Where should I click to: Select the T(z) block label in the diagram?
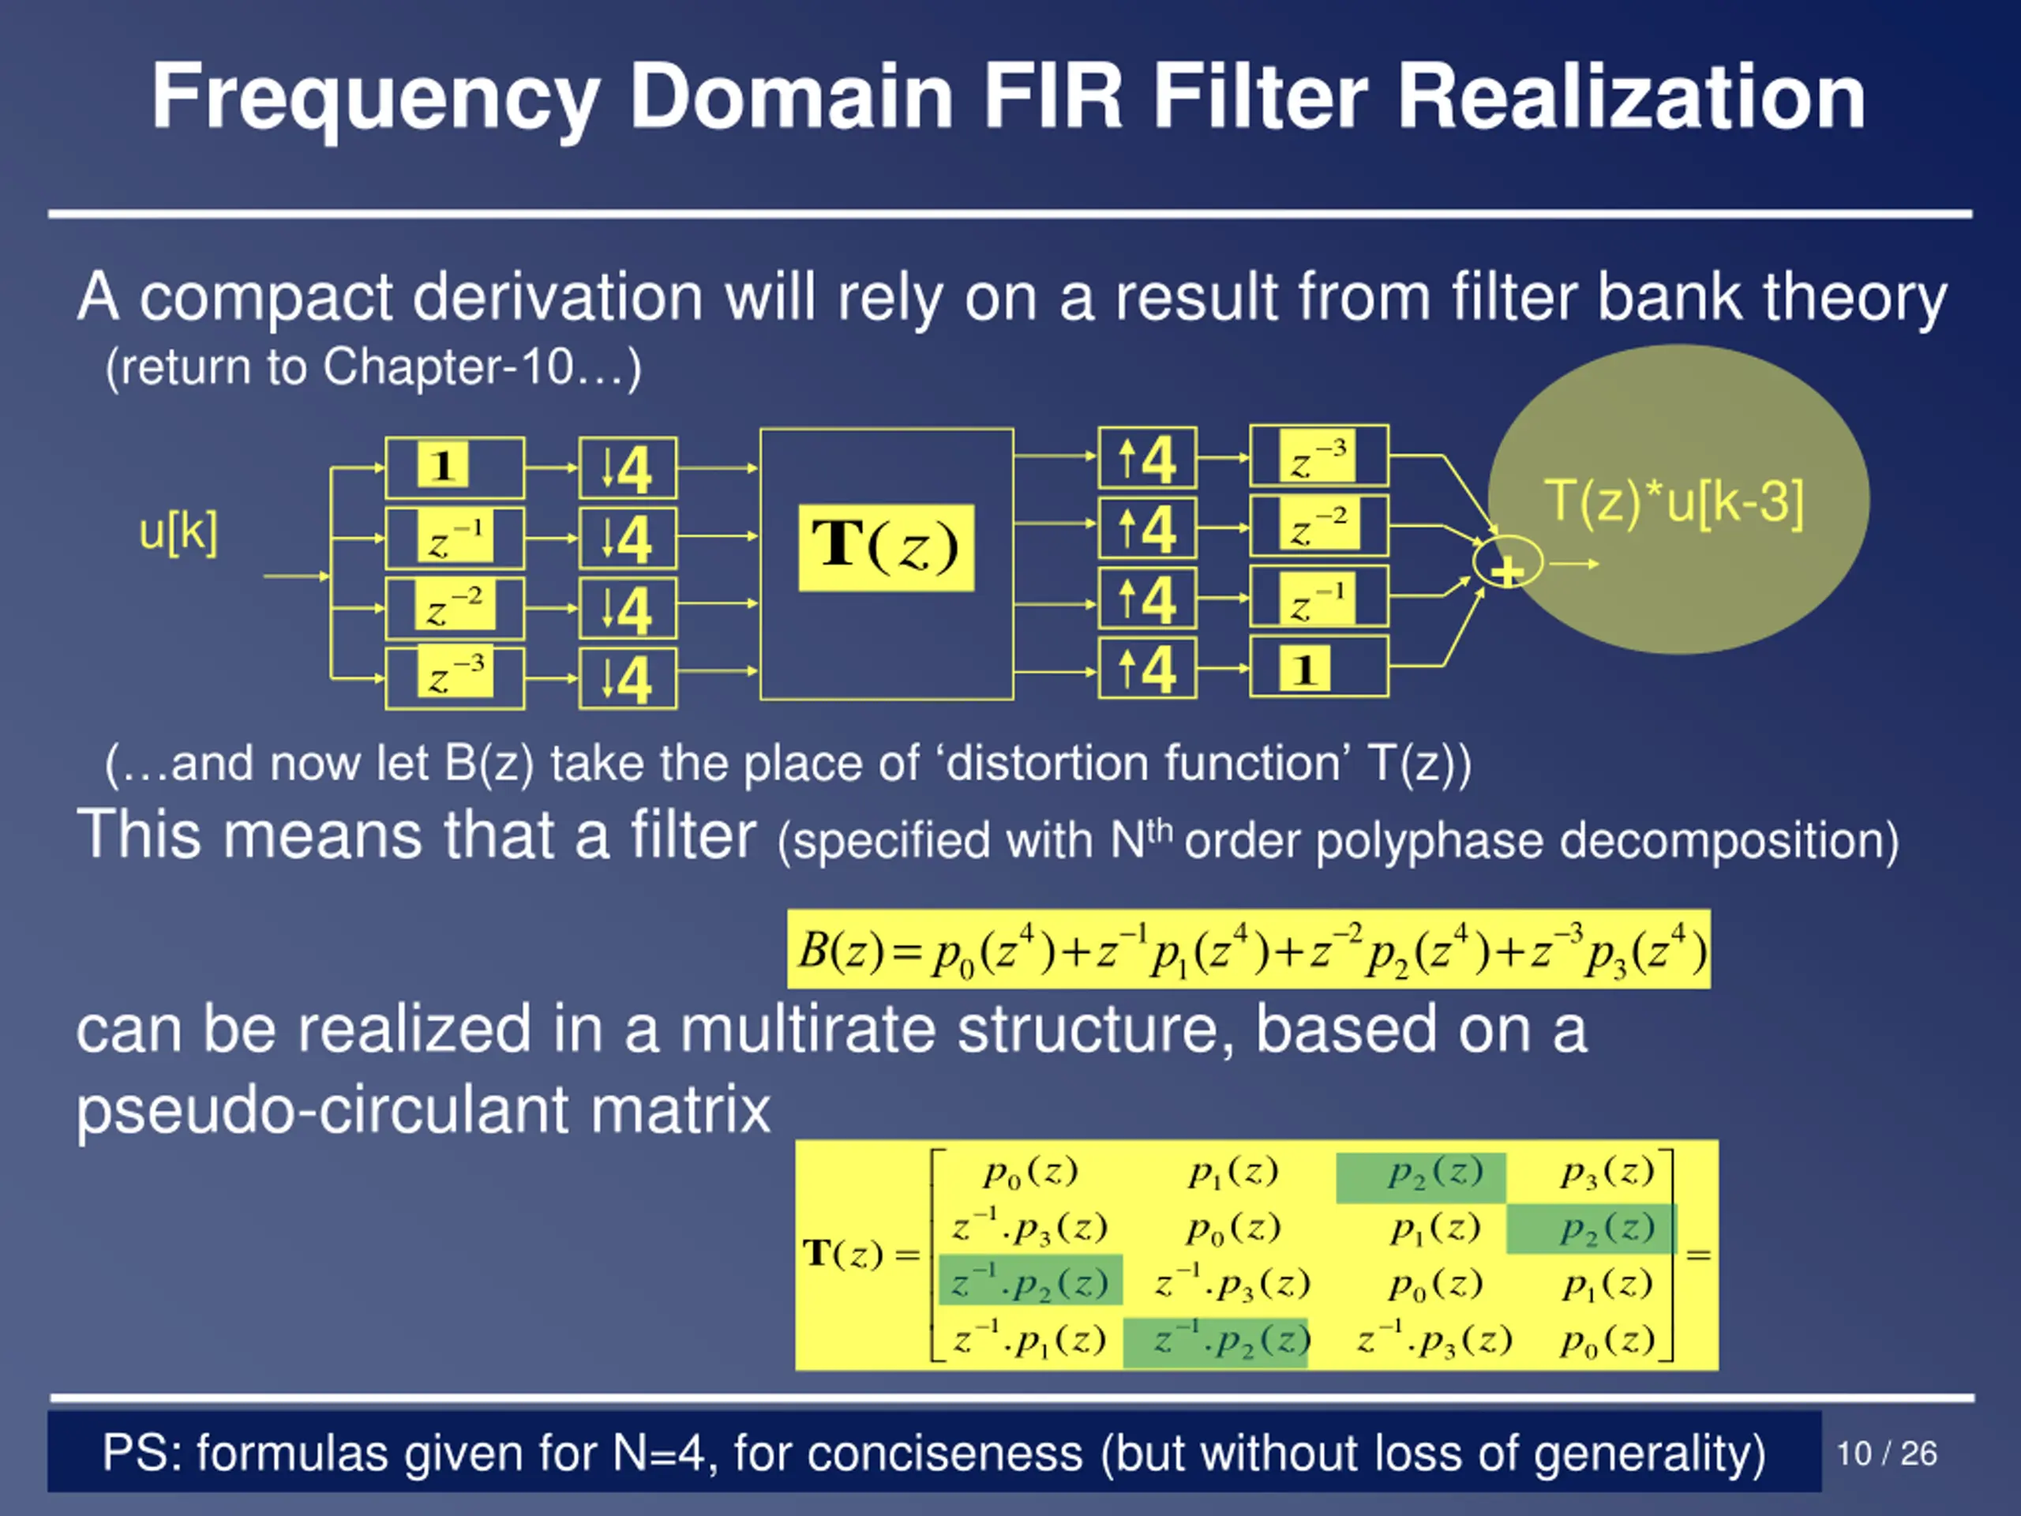coord(887,547)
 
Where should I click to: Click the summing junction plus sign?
coord(1508,570)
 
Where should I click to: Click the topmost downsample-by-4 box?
coord(628,468)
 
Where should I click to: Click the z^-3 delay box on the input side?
coord(455,678)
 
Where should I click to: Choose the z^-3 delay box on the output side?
coord(1319,456)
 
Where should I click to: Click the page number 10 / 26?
coord(1887,1453)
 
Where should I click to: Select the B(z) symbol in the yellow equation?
coord(840,951)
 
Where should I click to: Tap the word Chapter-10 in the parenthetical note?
coord(447,367)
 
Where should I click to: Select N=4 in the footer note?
coord(658,1452)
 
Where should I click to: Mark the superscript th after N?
coord(1160,830)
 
